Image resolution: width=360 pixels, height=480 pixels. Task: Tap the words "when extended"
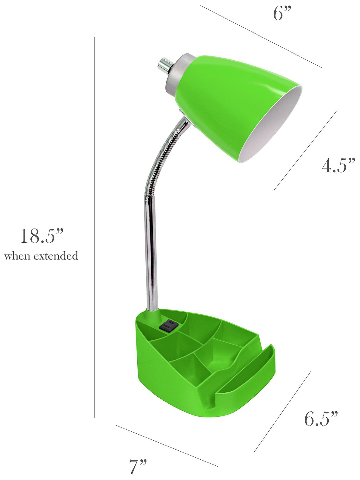41,256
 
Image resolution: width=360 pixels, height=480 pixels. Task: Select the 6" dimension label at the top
282,14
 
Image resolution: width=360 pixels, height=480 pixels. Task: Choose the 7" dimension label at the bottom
138,466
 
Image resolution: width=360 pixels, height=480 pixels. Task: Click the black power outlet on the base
169,325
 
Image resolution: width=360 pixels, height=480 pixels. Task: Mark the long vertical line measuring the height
95,227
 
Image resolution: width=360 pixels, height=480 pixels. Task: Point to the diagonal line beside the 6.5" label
283,411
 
